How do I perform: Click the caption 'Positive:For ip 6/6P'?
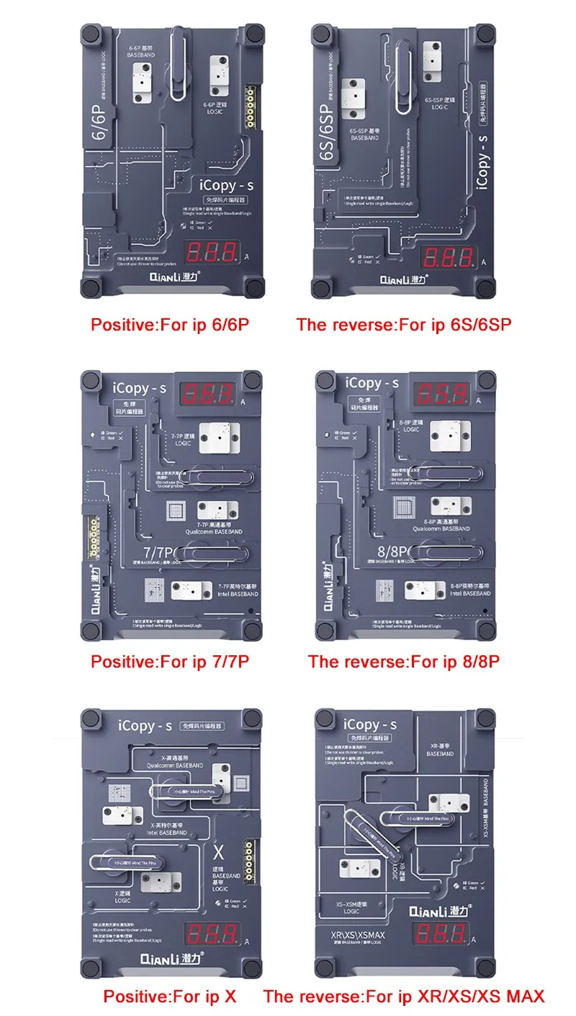pos(170,324)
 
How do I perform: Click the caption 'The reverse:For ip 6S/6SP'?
pos(403,324)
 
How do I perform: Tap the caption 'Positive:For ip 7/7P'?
pos(170,661)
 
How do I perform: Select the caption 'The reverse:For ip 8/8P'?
pos(403,661)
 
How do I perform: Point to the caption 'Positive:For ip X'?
pos(170,997)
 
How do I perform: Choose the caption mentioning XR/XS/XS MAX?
pos(404,997)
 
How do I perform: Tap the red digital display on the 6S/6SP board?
pos(447,256)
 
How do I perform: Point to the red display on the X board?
pos(212,933)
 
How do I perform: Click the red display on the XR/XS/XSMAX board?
pos(446,934)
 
